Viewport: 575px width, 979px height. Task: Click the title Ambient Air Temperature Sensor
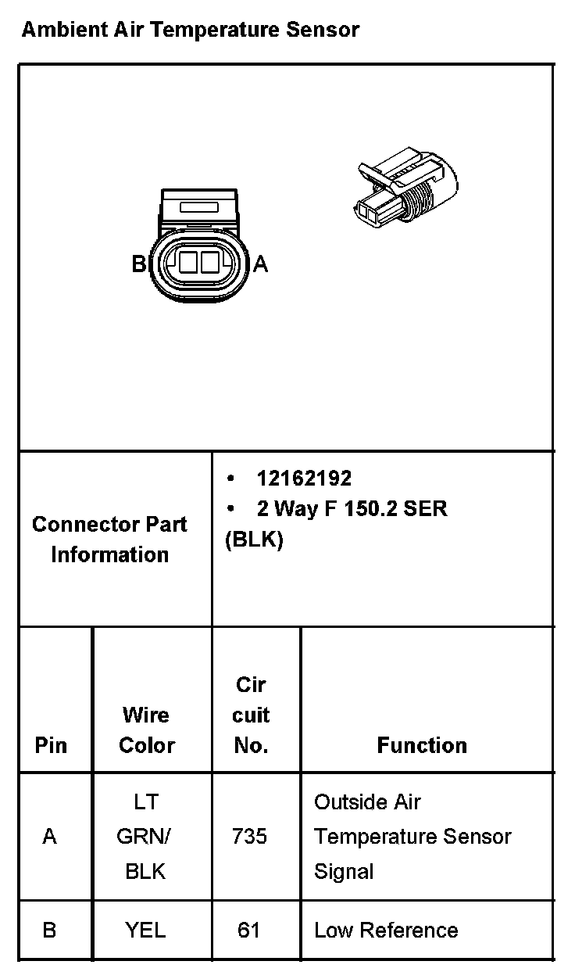(190, 30)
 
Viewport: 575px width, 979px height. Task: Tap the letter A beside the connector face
(261, 264)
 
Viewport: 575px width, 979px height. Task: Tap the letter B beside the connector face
(138, 264)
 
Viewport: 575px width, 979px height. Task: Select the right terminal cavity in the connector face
(208, 263)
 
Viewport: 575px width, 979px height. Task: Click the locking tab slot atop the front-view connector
(198, 207)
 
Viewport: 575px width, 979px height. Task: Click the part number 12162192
(304, 478)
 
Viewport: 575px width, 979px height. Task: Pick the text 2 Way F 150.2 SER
(352, 508)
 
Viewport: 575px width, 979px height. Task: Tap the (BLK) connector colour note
(254, 540)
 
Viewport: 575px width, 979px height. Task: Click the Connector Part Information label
(109, 539)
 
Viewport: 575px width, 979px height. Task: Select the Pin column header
(51, 745)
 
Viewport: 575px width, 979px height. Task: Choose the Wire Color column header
(146, 730)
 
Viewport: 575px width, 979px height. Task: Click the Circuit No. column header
(251, 715)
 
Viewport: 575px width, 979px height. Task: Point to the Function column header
(422, 745)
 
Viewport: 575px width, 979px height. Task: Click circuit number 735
(249, 836)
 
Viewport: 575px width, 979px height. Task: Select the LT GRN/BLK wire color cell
(145, 836)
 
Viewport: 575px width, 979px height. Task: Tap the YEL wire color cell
(145, 930)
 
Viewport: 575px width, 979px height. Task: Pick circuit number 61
(248, 930)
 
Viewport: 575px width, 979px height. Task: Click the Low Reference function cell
(386, 930)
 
